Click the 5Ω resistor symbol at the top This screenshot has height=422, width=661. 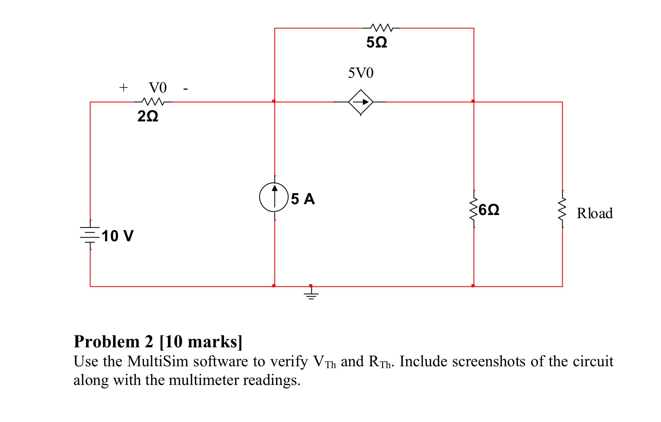(x=382, y=28)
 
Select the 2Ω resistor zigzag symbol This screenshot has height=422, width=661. (x=153, y=102)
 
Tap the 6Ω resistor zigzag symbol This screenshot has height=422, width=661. (x=474, y=209)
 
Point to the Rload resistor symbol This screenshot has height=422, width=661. (x=562, y=209)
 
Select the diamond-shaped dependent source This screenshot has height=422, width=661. (x=360, y=102)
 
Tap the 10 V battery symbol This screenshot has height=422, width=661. (x=90, y=235)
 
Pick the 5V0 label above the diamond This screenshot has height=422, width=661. (x=361, y=73)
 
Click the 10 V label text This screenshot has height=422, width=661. (x=117, y=236)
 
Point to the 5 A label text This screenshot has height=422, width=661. (x=303, y=199)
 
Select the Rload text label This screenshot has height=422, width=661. (x=595, y=213)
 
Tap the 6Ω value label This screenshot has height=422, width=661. (x=489, y=210)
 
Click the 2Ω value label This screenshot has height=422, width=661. (x=148, y=116)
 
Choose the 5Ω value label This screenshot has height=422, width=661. (x=377, y=42)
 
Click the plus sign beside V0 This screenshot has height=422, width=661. (x=124, y=88)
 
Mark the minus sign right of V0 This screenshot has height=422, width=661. (x=186, y=89)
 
